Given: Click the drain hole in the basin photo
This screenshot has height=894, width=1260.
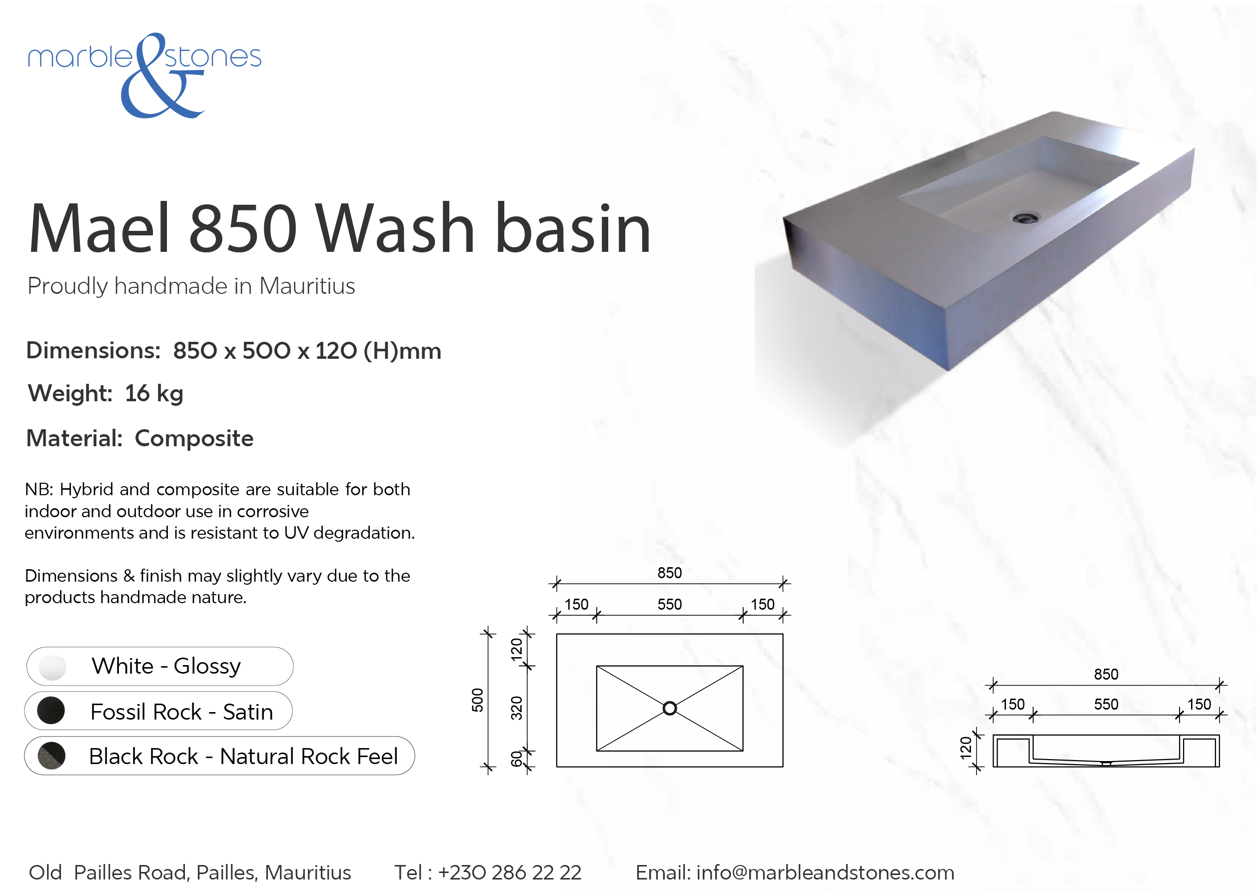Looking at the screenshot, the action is [1026, 218].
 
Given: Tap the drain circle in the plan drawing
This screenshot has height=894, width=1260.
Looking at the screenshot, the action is [669, 709].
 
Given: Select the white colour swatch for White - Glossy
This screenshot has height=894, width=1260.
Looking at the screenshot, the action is [52, 667].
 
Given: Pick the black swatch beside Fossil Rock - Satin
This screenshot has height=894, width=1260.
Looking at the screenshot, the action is [50, 711].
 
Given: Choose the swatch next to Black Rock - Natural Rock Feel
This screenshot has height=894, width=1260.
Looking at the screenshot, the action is [51, 756].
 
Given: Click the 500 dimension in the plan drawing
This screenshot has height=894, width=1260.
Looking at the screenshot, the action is [477, 700].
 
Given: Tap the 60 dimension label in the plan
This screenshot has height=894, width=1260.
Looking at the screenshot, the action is [516, 759].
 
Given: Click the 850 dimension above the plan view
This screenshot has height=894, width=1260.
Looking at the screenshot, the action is [669, 573].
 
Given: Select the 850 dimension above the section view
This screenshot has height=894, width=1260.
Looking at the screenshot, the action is [1106, 674].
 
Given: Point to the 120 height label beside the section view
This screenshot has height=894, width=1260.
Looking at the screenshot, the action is [966, 749].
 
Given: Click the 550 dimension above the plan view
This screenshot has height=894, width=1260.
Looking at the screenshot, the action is [669, 605].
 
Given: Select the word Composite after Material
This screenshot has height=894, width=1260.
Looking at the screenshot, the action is [194, 439].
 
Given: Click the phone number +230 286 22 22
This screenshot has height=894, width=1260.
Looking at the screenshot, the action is [509, 873].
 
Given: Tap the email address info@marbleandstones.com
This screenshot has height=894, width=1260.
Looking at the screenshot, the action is [825, 873].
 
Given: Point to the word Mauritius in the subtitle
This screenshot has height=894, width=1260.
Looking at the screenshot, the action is [307, 286].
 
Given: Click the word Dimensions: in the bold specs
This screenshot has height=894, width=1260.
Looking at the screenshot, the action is [93, 351].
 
